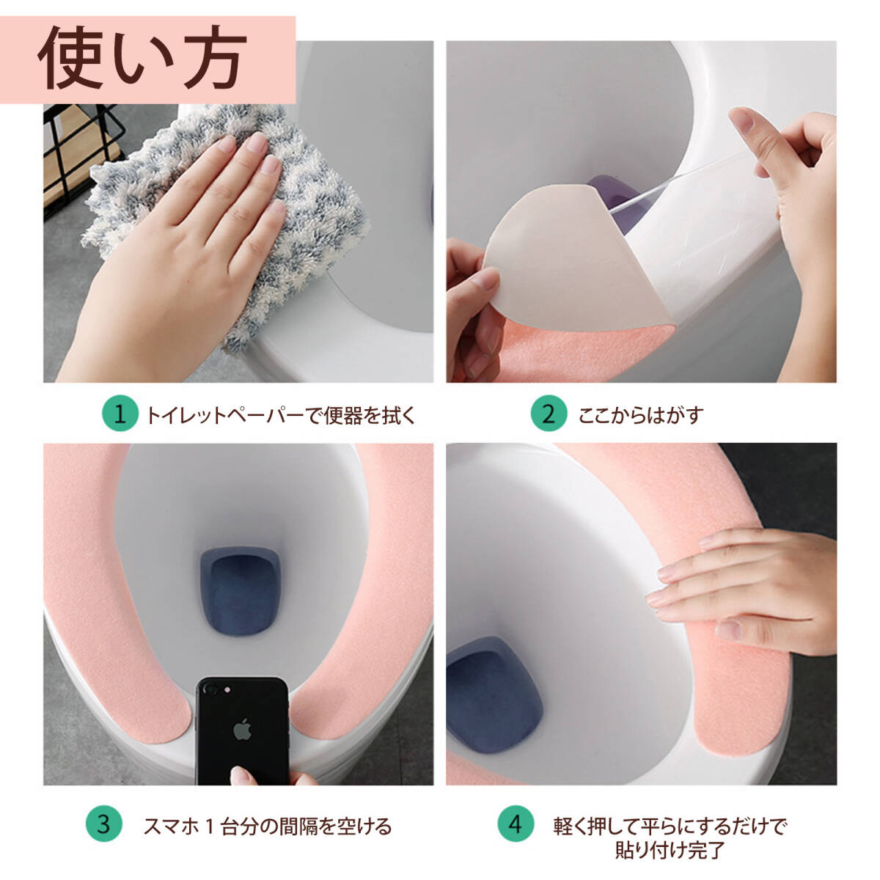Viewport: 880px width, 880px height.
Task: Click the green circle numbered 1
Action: [x=120, y=414]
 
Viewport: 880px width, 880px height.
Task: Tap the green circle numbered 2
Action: [x=549, y=414]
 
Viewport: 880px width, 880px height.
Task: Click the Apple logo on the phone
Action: [x=243, y=730]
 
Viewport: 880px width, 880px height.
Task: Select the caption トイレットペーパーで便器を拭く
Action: [x=280, y=415]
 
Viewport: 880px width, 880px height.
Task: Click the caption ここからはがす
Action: [x=640, y=415]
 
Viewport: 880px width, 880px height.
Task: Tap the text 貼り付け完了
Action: [x=670, y=850]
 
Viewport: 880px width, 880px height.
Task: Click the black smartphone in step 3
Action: [x=243, y=730]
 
